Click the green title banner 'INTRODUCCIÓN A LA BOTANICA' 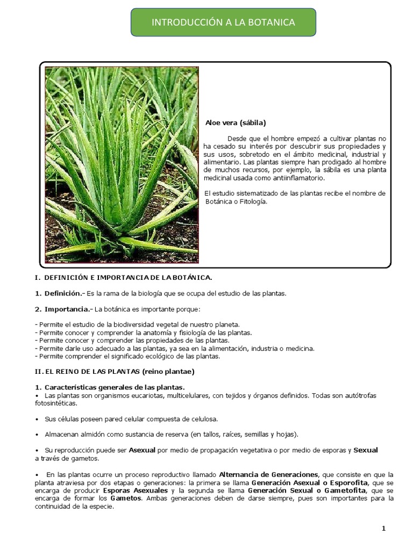pyautogui.click(x=223, y=22)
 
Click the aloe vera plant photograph pyautogui.click(x=122, y=165)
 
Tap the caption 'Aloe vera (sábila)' pyautogui.click(x=236, y=122)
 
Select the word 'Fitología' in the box pyautogui.click(x=251, y=201)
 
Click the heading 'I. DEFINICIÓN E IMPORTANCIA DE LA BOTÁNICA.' pyautogui.click(x=123, y=277)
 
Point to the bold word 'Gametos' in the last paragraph pyautogui.click(x=126, y=498)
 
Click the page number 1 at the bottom pyautogui.click(x=384, y=529)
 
